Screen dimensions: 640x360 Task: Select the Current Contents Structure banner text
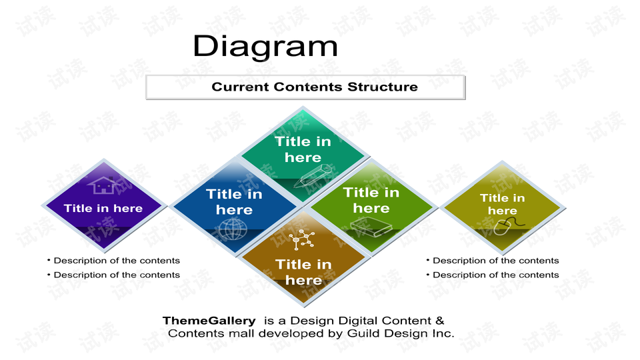click(x=315, y=87)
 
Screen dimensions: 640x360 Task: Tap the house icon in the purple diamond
click(x=105, y=185)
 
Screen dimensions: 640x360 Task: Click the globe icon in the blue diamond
click(x=233, y=229)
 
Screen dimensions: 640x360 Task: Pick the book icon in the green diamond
click(x=371, y=227)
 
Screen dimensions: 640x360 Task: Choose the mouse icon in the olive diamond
click(x=509, y=226)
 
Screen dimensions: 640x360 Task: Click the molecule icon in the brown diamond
click(x=301, y=239)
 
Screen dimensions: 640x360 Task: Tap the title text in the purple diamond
click(x=103, y=209)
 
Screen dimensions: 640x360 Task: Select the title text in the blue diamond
click(x=234, y=202)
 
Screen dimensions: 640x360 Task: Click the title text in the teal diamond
click(x=303, y=149)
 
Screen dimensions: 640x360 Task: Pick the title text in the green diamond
click(x=371, y=201)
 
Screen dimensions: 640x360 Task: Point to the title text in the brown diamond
click(x=304, y=272)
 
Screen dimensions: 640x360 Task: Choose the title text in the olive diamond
click(x=503, y=204)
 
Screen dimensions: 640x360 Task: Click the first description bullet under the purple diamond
click(x=113, y=261)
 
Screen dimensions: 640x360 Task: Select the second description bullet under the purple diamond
click(x=113, y=275)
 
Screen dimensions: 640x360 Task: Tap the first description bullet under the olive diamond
click(x=493, y=261)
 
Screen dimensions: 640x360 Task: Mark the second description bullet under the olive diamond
click(x=493, y=275)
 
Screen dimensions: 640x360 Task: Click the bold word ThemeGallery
click(x=209, y=321)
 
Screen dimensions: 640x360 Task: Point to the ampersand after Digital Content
click(x=439, y=321)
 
